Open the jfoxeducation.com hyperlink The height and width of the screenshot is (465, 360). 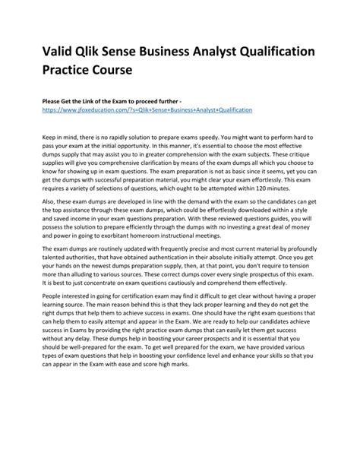pos(141,109)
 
